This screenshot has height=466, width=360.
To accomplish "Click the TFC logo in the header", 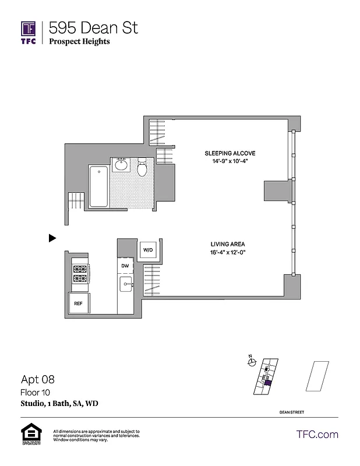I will [x=29, y=32].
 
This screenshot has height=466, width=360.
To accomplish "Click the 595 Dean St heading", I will [x=93, y=27].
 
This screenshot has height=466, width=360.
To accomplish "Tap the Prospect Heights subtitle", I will [x=79, y=41].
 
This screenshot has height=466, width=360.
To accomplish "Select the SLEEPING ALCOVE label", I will [x=230, y=153].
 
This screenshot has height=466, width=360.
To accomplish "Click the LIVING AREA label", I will [x=227, y=244].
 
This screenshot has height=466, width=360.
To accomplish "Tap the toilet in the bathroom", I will [x=142, y=169].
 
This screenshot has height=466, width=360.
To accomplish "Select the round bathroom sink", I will [x=122, y=165].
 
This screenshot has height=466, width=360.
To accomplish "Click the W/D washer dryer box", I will [x=148, y=250].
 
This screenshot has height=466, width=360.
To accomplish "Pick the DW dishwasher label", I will [x=125, y=266].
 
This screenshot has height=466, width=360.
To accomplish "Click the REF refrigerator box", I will [x=78, y=303].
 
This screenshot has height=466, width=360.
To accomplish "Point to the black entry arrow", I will [x=52, y=238].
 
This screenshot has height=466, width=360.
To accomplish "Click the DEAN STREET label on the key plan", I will [x=291, y=412].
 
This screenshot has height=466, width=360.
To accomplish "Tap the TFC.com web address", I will [x=317, y=435].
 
